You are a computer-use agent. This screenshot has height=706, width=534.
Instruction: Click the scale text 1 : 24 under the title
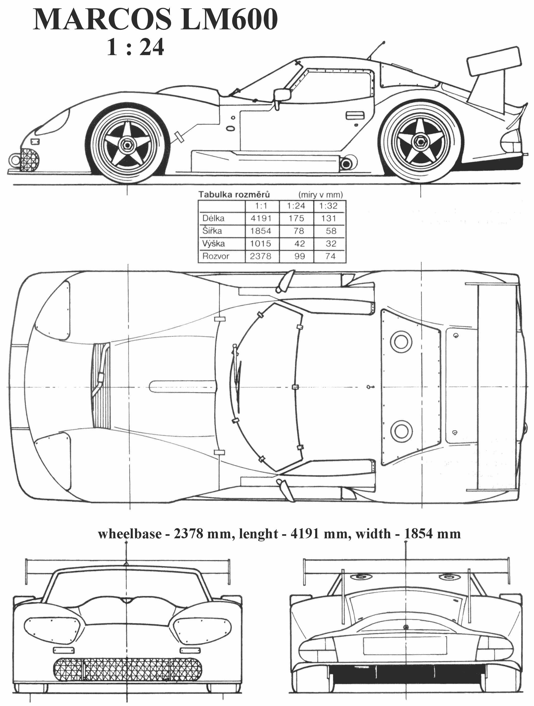(136, 47)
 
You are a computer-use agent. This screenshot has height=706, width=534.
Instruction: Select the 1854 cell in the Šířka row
(261, 231)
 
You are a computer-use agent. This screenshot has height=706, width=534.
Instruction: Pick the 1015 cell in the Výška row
(261, 244)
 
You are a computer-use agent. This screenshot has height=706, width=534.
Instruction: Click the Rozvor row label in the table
(216, 256)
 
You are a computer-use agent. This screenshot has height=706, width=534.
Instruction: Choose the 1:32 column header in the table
(328, 206)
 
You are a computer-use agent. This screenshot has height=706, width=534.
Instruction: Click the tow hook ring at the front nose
(14, 160)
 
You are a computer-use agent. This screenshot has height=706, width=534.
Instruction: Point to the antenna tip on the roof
(384, 42)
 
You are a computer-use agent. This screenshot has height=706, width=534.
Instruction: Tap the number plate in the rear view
(405, 645)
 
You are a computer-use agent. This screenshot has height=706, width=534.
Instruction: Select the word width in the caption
(373, 534)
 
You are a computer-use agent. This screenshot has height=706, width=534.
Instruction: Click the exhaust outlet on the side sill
(346, 164)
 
